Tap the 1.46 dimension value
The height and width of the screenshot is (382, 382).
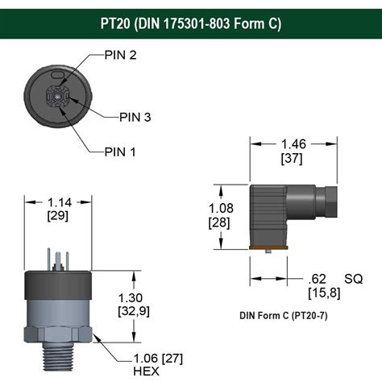tap(293, 144)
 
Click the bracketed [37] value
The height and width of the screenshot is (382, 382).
tap(293, 158)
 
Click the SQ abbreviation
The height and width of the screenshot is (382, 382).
tap(352, 279)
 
